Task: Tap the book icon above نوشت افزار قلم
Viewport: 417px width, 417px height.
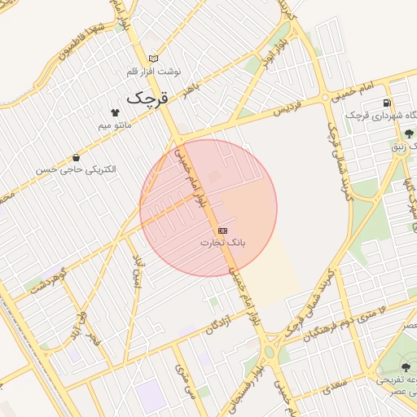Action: tap(153, 59)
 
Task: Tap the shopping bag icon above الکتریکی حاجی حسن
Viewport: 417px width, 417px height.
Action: tap(76, 157)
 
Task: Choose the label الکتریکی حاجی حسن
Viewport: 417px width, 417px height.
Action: tap(76, 169)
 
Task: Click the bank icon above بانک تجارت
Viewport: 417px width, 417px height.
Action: tap(222, 230)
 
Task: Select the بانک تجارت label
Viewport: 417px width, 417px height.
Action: tap(222, 243)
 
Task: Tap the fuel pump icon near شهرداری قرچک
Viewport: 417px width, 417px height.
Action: tap(385, 103)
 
